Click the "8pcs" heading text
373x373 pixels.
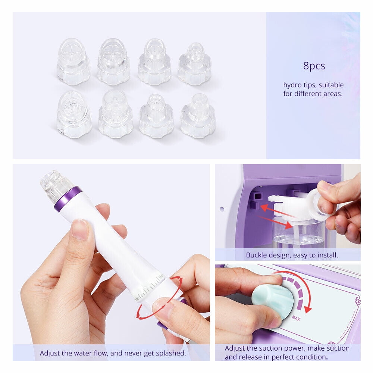coord(314,66)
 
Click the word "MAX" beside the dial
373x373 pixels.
coord(296,319)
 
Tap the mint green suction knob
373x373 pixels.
coord(267,301)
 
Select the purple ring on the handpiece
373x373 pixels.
coord(68,199)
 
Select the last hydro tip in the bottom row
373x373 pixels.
coord(198,116)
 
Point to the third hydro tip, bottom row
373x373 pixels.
coord(156,116)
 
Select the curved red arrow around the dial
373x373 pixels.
coord(301,287)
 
